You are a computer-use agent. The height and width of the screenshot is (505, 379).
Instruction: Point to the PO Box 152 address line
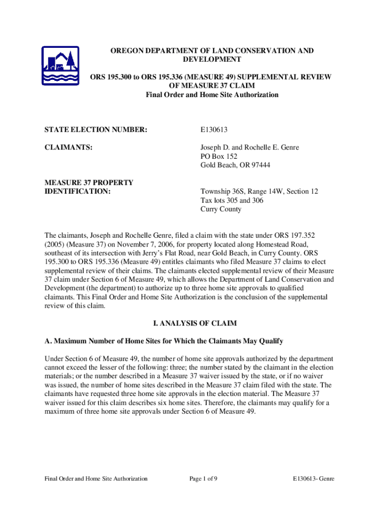(219, 156)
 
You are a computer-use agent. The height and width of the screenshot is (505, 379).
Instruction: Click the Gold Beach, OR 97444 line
(235, 165)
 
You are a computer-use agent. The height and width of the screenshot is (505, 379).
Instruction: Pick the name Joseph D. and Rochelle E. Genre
(249, 147)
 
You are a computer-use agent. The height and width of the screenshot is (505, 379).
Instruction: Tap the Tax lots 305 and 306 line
(231, 200)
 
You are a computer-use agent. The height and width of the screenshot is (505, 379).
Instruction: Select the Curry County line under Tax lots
(221, 209)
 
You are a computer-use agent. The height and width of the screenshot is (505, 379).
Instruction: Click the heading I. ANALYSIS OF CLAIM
(195, 324)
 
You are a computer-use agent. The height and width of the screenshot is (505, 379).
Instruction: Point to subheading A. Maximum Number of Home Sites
(163, 341)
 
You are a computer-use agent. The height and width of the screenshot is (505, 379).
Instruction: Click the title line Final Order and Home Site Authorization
(212, 95)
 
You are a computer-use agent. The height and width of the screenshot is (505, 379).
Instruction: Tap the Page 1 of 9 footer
(203, 478)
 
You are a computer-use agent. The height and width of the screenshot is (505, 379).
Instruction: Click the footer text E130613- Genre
(313, 478)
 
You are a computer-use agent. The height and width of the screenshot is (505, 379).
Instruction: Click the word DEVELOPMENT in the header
(212, 60)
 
